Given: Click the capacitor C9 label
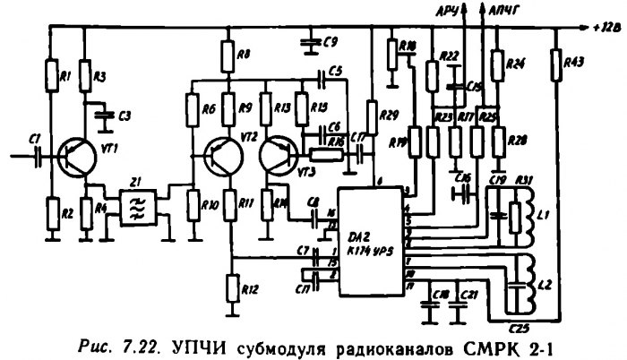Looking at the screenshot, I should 330,42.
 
